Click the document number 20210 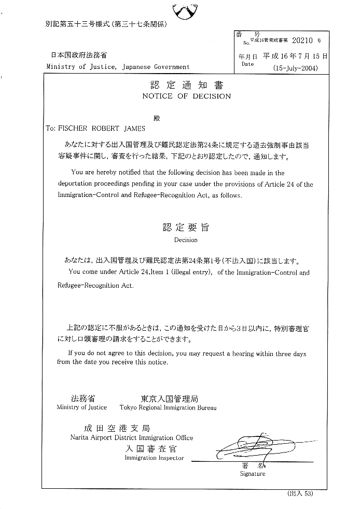click(303, 39)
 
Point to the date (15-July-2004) click(295, 68)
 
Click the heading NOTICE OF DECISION click(187, 96)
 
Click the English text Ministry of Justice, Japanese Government click(118, 67)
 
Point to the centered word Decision click(186, 240)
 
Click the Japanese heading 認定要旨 click(186, 228)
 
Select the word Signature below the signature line click(253, 473)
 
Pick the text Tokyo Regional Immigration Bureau click(168, 407)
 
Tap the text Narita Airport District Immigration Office click(132, 437)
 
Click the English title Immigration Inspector click(154, 458)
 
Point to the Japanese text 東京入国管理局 click(169, 399)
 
